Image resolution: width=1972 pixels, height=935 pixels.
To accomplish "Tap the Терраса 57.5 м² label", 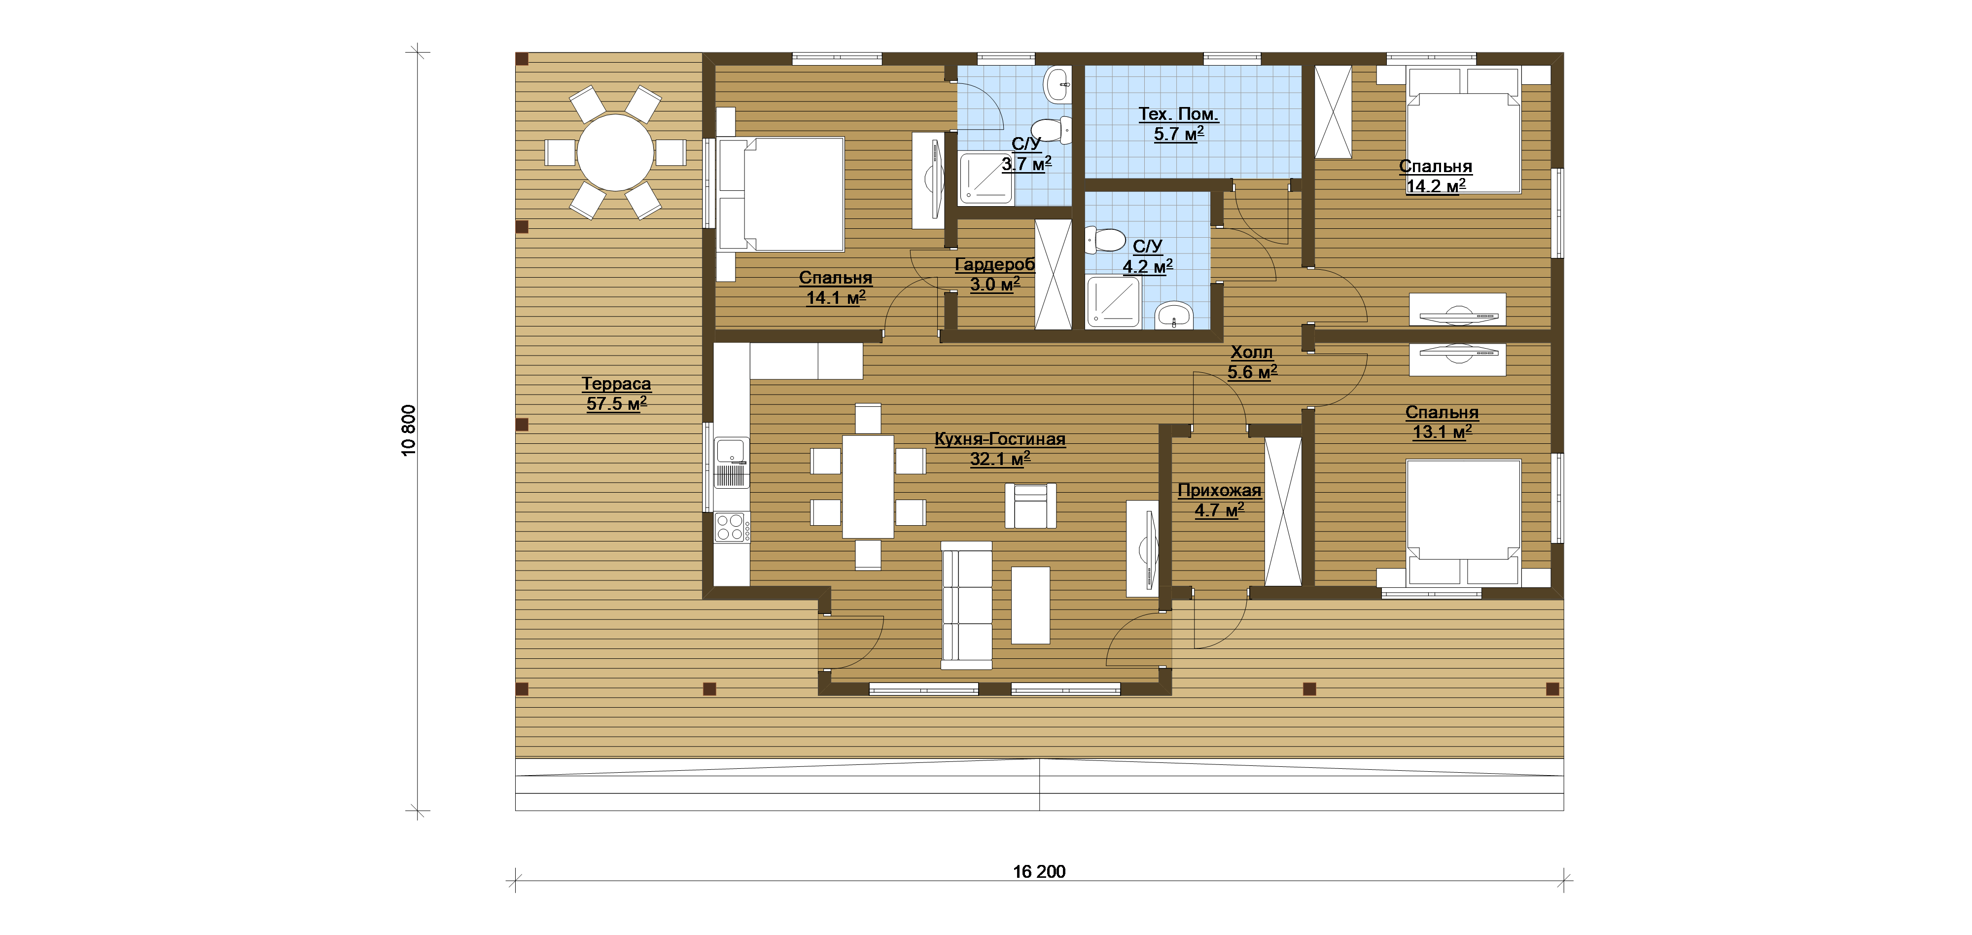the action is coord(616,394).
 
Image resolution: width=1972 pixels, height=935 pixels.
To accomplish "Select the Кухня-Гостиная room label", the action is coord(1000,439).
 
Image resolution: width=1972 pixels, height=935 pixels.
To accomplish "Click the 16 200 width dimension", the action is coord(1039,871).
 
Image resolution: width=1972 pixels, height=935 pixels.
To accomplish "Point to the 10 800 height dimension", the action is coord(409,431).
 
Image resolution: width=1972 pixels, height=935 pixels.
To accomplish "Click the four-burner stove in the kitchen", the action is coord(732,528).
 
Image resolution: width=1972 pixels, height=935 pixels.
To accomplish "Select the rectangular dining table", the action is coord(868,486).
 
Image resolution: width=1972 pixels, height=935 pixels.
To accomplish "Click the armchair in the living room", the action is coord(1030,505).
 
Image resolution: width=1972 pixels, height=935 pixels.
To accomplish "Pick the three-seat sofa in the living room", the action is coord(966,606).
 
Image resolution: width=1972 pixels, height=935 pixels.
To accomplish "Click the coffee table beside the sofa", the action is coord(1030,605).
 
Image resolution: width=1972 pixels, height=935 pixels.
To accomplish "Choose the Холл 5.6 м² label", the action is coord(1252,362).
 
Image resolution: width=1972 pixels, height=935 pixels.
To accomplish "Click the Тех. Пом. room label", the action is coord(1178,114).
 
